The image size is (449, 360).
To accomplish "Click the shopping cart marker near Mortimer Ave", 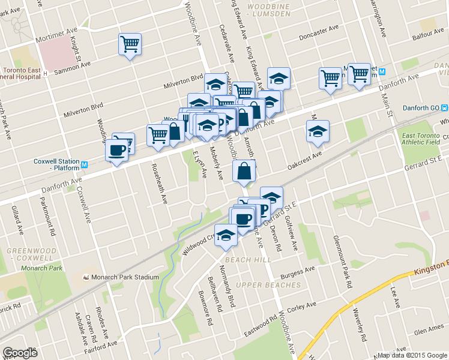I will tap(130, 44).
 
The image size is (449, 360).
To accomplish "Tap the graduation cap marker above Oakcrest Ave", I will tap(318, 131).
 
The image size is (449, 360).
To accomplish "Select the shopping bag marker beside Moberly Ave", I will tap(244, 171).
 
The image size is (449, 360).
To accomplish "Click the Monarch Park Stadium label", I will tap(124, 277).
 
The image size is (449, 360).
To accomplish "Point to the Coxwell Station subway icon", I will tap(85, 165).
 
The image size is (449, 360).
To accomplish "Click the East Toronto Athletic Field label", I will tap(421, 138).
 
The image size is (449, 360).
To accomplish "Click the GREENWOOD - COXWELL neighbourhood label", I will tap(31, 254).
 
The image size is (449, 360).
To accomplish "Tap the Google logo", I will tap(20, 353).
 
